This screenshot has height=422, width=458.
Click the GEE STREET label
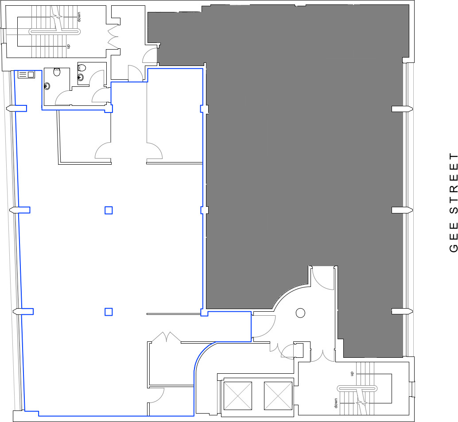point(454,202)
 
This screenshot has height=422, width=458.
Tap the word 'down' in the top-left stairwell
point(79,17)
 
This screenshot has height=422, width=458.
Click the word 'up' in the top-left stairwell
point(69,46)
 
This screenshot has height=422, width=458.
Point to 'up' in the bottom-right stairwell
point(352,374)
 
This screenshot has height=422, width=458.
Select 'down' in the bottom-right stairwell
point(336,403)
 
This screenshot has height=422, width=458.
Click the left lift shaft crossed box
point(238,396)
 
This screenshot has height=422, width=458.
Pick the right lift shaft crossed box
point(278,396)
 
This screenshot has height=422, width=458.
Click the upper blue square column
point(109,210)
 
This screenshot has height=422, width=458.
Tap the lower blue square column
point(109,312)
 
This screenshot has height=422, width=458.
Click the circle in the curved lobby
point(300,313)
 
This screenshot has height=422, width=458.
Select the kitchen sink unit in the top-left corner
point(26,74)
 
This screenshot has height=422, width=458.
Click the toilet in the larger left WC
point(57,72)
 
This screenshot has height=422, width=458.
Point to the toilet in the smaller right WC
point(82,68)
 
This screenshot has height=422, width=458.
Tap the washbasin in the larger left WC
point(47,86)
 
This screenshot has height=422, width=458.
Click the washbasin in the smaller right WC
point(81,77)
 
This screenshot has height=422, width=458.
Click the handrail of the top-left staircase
point(55,31)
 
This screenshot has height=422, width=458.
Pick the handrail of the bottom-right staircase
point(357,389)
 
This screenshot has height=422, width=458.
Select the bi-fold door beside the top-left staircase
point(113,37)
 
